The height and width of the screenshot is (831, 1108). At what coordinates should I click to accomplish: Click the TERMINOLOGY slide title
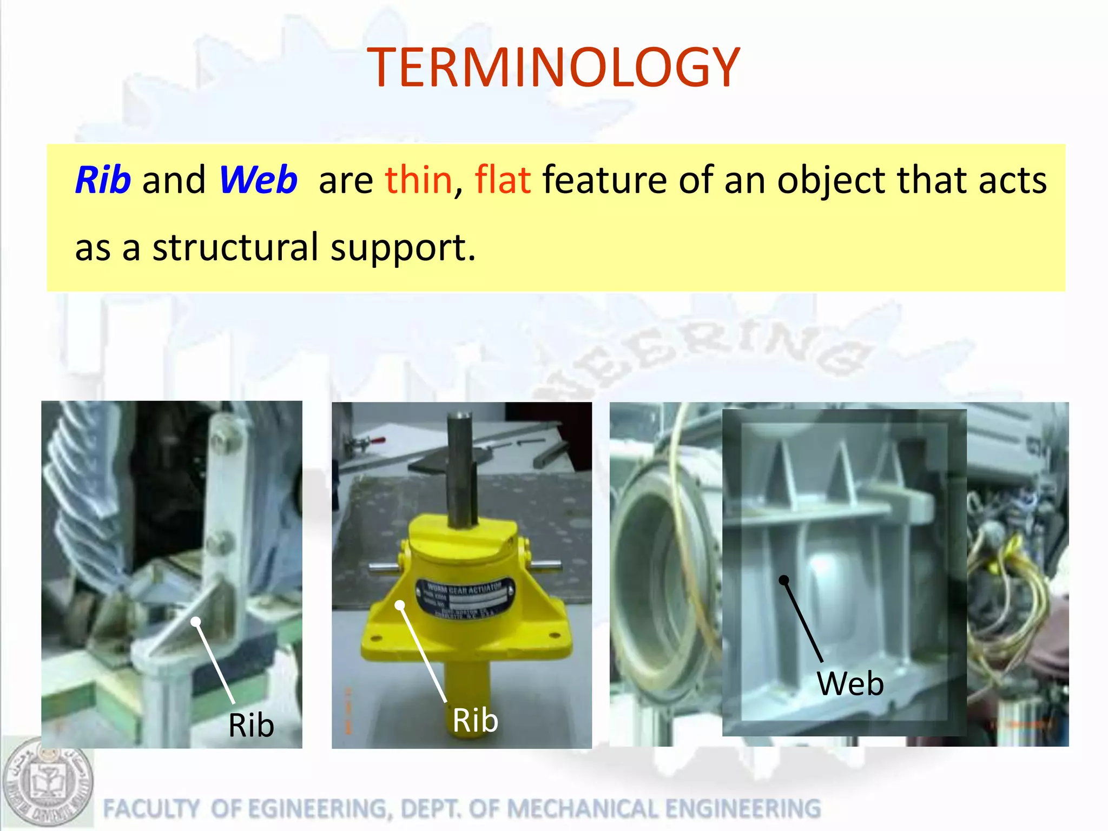coord(553,67)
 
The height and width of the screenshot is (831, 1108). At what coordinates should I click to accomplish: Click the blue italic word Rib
coord(103,180)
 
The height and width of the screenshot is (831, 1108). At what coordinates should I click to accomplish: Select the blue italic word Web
coord(258,180)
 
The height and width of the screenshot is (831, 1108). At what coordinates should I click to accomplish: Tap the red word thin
coord(418,180)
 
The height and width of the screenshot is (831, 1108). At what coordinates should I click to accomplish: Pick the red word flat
coord(502,180)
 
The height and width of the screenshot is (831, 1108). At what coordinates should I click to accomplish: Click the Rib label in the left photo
coord(251,725)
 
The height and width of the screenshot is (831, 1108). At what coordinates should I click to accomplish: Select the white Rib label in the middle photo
coord(475,720)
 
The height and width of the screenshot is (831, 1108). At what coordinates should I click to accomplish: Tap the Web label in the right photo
coord(850,683)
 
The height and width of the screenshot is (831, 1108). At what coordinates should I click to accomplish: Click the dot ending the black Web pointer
coord(783,580)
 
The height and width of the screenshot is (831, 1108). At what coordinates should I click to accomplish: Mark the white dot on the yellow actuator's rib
coord(400,605)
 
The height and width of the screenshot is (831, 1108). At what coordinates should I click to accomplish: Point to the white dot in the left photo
coord(196,622)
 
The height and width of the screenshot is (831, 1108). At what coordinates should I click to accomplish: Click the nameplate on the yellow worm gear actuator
coord(465,598)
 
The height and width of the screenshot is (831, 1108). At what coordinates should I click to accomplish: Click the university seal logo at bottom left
coord(48,782)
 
